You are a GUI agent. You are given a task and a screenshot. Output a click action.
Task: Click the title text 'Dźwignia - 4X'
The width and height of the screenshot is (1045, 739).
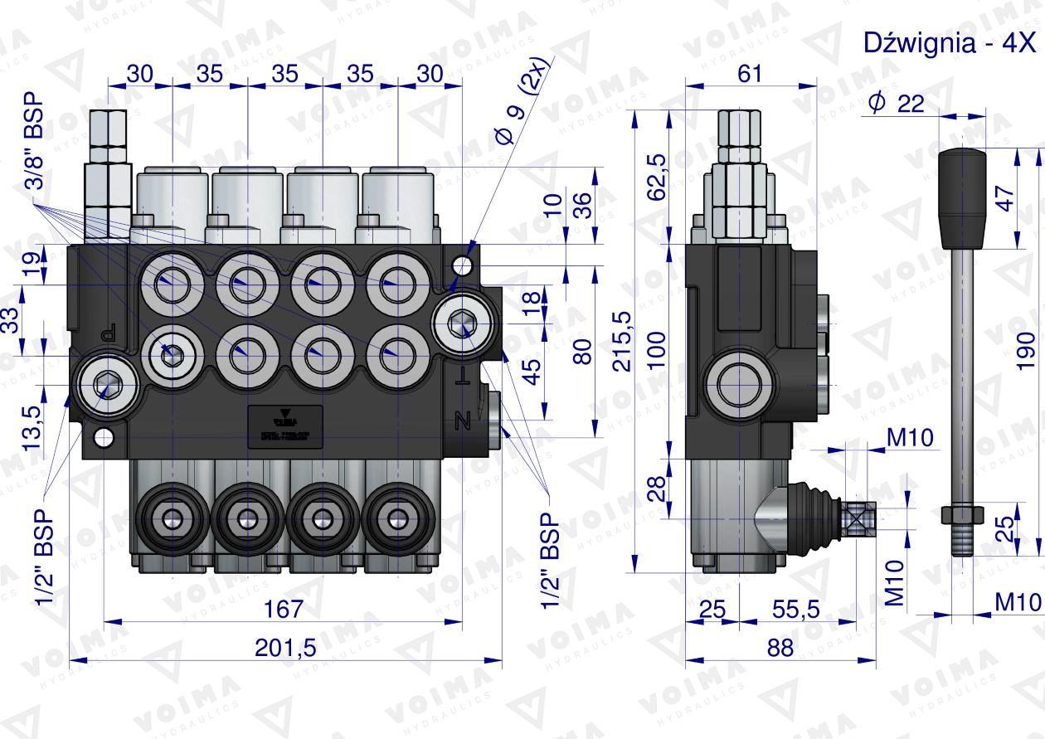coord(950,43)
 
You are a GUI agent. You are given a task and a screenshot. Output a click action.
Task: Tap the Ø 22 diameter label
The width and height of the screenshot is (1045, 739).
coord(901,102)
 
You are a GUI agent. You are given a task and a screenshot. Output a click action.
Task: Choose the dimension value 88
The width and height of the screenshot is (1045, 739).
coord(780,647)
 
